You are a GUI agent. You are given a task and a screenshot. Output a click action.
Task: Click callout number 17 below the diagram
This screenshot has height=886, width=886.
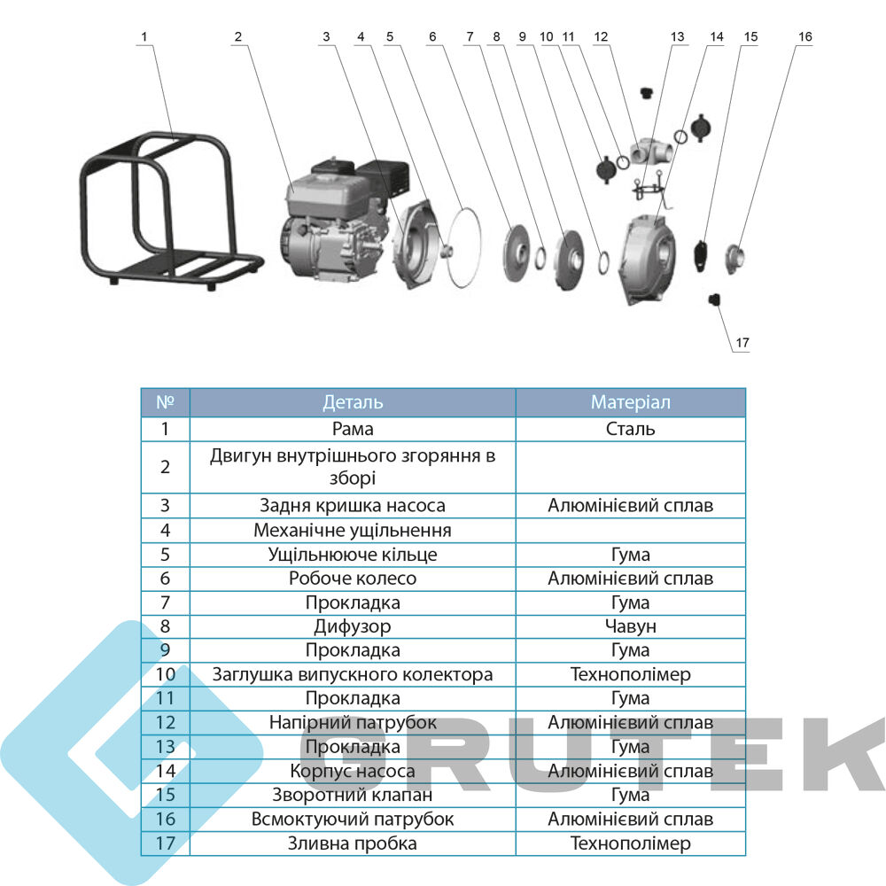coord(742,342)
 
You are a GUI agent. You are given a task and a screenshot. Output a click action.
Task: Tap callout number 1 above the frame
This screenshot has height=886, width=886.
coord(144,36)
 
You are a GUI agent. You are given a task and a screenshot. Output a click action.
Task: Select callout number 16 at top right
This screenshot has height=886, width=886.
coord(804,36)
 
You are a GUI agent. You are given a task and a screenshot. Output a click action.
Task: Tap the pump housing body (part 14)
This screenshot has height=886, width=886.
coord(649,259)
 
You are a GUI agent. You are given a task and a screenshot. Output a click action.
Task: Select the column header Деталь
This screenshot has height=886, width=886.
coord(353,402)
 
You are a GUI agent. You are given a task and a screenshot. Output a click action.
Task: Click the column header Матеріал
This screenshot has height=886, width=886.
coord(631,402)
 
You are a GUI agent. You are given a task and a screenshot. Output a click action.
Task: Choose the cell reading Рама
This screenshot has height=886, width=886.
coord(353,429)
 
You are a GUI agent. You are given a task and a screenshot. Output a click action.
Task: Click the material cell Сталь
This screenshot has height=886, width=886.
coord(631,429)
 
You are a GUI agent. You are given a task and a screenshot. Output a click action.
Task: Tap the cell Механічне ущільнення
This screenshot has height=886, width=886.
coord(353,530)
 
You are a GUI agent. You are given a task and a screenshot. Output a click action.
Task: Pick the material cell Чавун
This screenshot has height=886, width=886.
coord(631,626)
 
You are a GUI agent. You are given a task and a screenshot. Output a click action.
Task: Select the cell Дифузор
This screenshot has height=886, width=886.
coord(353,626)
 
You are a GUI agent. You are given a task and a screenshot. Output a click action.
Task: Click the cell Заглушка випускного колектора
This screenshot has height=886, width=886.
coord(353,674)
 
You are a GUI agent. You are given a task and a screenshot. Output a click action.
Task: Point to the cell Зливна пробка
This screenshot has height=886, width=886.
coord(353,843)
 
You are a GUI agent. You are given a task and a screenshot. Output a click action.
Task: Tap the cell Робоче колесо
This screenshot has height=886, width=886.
coord(353,578)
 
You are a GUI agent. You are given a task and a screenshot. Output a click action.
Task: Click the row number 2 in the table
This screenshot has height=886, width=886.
coord(165,467)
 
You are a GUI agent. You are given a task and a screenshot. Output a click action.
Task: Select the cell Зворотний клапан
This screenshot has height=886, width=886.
coord(353,795)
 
